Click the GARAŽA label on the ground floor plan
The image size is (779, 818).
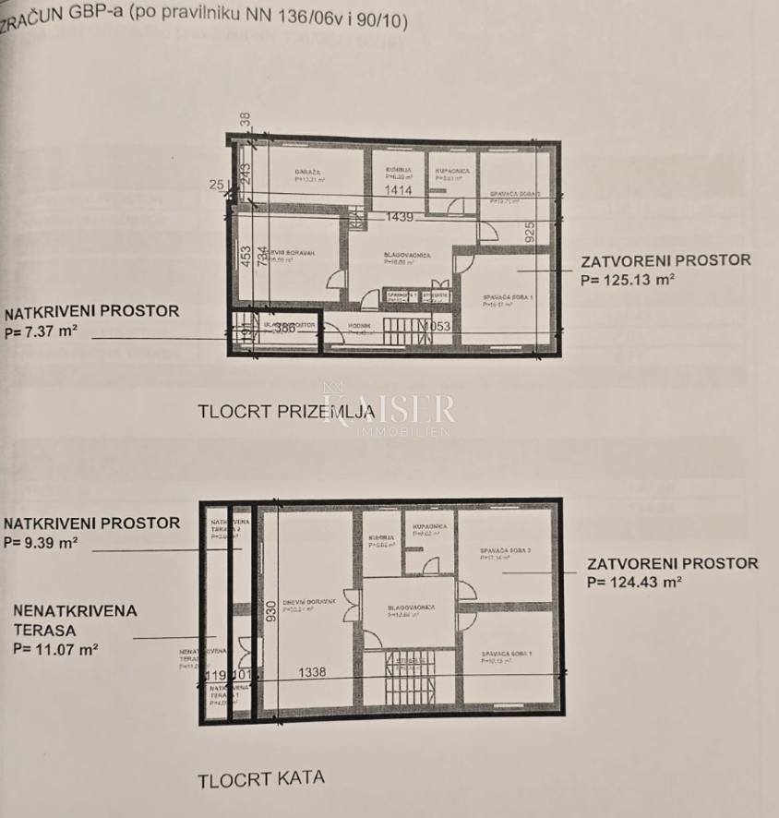pyautogui.click(x=307, y=172)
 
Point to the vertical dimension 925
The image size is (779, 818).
pyautogui.click(x=530, y=232)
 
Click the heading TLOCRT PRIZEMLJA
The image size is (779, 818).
pyautogui.click(x=285, y=412)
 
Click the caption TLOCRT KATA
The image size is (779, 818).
pyautogui.click(x=261, y=778)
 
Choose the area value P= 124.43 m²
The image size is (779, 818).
pyautogui.click(x=634, y=582)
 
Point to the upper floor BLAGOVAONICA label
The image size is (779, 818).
pyautogui.click(x=411, y=607)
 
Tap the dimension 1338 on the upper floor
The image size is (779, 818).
pyautogui.click(x=312, y=673)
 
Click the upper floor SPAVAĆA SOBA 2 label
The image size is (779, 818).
pyautogui.click(x=505, y=550)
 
